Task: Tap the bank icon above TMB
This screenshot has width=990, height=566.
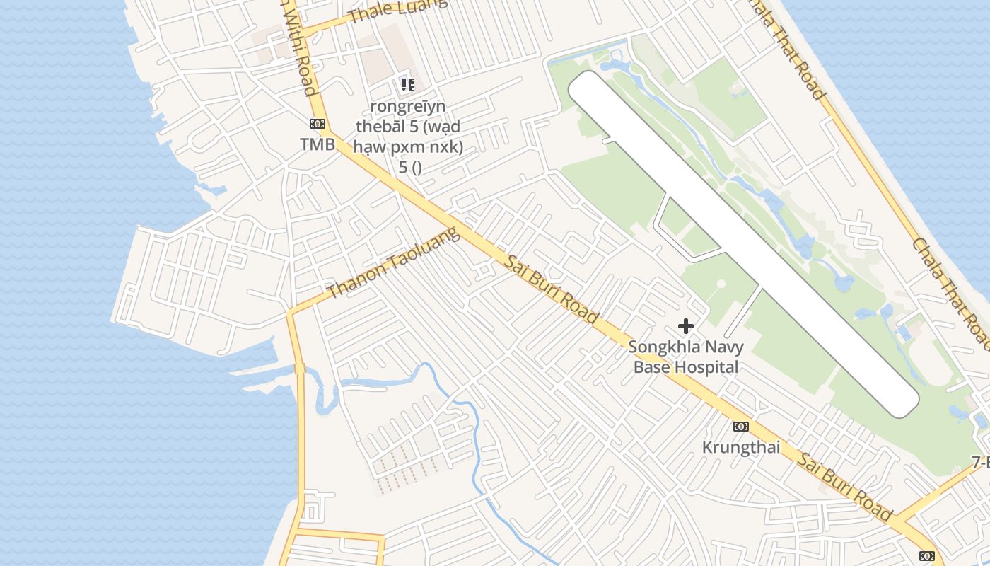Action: [x=318, y=124]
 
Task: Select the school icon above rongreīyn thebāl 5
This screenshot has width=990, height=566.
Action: [x=407, y=85]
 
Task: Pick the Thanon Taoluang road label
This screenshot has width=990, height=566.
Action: [x=394, y=262]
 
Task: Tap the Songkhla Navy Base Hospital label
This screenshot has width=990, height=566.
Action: [x=685, y=357]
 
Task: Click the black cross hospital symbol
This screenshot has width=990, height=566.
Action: [x=685, y=326]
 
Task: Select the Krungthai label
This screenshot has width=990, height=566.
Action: [x=741, y=447]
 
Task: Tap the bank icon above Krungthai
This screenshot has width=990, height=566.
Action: [x=740, y=426]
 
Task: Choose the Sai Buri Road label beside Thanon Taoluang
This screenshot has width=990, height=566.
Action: [x=552, y=289]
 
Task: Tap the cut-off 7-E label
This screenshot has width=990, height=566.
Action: [x=980, y=463]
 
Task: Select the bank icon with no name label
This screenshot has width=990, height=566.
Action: [x=926, y=555]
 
